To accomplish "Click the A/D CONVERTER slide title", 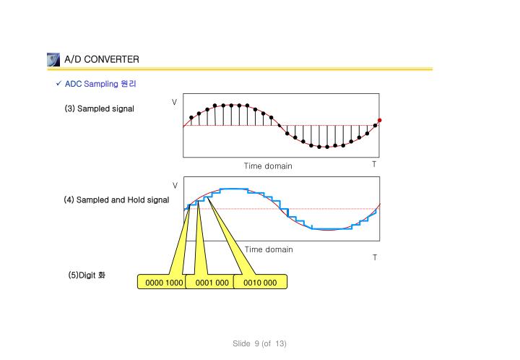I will [101, 59].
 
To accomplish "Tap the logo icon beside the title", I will [52, 59].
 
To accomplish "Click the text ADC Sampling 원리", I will [100, 84].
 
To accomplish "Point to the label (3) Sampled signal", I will [99, 108].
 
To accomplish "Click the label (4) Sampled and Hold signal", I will [116, 200].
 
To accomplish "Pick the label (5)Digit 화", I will [86, 275].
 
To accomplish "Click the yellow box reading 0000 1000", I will [164, 282].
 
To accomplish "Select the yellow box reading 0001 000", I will [212, 282].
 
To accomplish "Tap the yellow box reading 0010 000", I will [260, 282].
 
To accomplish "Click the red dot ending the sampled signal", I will [379, 120].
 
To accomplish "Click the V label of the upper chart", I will [175, 100].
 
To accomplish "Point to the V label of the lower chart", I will [175, 185].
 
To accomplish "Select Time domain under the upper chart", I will [268, 166].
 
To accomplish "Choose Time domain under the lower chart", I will [269, 249].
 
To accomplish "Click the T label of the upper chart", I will [374, 164].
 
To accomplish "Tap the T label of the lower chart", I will [374, 257].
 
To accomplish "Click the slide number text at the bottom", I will [259, 343].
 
